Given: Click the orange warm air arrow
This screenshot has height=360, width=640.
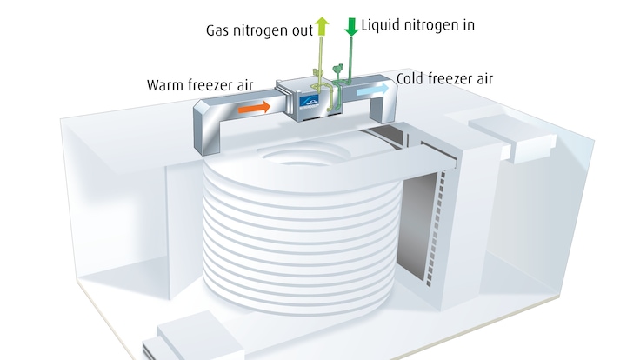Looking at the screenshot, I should point(253,107).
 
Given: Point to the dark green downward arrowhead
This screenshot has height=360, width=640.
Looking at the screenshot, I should point(351,29).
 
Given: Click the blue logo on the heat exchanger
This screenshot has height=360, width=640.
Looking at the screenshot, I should point(310,102).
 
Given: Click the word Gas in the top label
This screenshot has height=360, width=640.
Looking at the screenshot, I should point(218,29).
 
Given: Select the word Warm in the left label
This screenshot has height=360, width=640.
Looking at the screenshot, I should point(166,84).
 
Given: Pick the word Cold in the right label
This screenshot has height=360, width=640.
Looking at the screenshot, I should point(411,79).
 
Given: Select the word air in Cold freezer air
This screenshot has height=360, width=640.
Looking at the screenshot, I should point(482,79).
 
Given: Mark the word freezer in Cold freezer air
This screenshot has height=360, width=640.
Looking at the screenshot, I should point(448,79).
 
